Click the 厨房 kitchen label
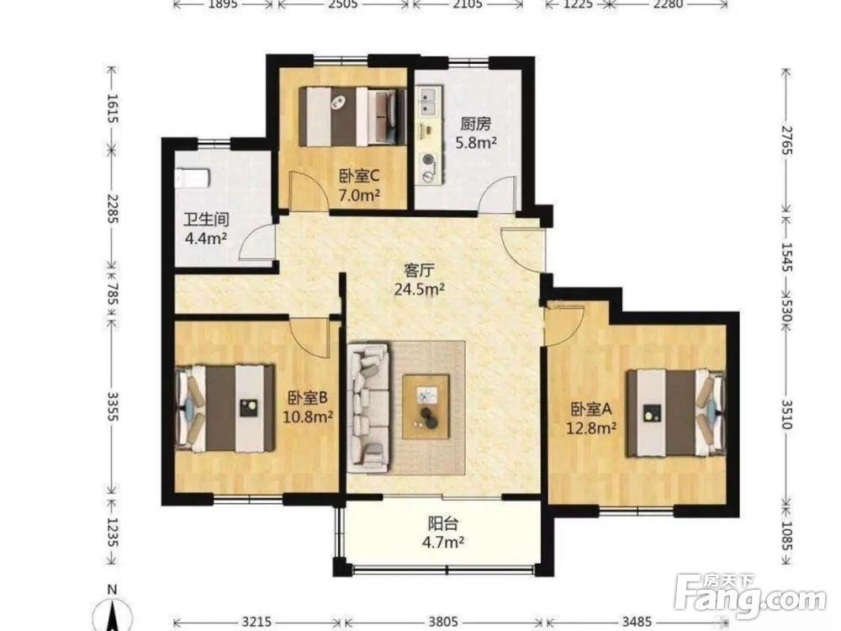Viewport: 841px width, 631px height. (x=475, y=124)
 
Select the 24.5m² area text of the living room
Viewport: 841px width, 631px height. (x=420, y=289)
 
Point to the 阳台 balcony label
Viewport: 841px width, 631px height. (x=442, y=523)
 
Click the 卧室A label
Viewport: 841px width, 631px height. (x=591, y=410)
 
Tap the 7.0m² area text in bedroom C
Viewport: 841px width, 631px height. (x=359, y=195)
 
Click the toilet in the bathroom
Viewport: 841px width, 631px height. (x=192, y=178)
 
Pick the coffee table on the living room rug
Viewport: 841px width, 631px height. (x=426, y=406)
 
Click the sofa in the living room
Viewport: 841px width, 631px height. (x=368, y=408)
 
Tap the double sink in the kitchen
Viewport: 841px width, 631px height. (x=429, y=102)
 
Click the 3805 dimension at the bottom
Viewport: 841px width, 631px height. (x=443, y=622)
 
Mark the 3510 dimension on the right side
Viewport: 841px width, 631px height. (x=786, y=414)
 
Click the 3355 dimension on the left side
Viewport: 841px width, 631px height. (x=112, y=406)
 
